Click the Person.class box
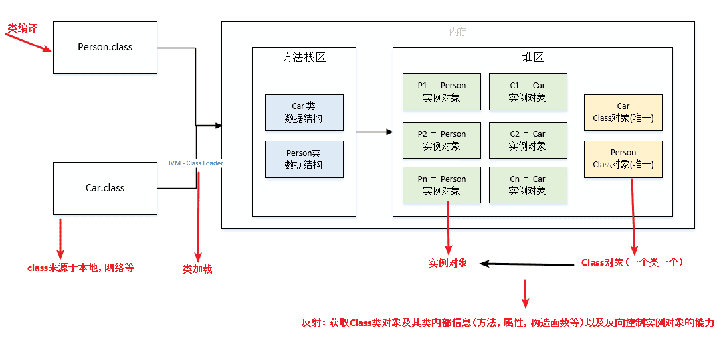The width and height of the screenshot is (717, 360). click(x=105, y=47)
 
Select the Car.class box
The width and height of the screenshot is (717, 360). click(x=105, y=188)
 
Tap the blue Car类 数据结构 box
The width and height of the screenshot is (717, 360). click(x=304, y=112)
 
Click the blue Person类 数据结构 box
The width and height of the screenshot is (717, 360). click(x=304, y=159)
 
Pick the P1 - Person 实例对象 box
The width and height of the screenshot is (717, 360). click(x=441, y=92)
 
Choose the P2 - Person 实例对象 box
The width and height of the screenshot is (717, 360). click(x=441, y=140)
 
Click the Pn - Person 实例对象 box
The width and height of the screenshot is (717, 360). click(x=441, y=185)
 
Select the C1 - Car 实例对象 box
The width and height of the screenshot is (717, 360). click(x=528, y=92)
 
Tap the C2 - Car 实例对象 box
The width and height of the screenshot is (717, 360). click(x=528, y=140)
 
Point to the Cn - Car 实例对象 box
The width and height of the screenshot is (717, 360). click(x=528, y=185)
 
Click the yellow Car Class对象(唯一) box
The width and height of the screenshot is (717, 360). click(x=623, y=112)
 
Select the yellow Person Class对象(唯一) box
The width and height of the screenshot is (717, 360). click(x=623, y=159)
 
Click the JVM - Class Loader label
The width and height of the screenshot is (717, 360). click(x=195, y=163)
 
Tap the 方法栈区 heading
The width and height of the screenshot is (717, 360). click(x=304, y=58)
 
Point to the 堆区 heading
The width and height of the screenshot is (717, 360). click(x=532, y=58)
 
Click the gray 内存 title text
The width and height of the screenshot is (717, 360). click(x=458, y=31)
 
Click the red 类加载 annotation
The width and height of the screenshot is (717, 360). click(x=197, y=270)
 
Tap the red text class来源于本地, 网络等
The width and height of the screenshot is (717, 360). click(x=80, y=268)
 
